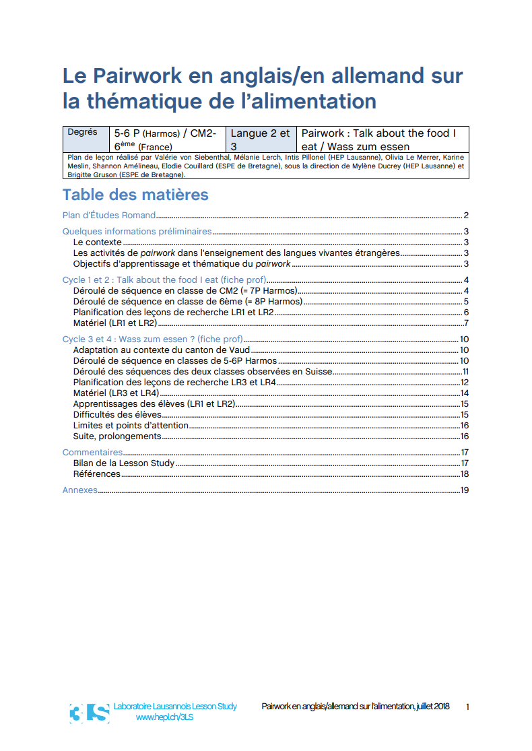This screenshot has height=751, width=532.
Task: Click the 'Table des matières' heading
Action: click(x=135, y=195)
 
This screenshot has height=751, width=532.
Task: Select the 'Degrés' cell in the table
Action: click(x=82, y=133)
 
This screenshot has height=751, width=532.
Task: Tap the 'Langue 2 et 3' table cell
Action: click(x=260, y=139)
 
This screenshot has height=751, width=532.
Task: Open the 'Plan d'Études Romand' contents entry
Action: click(x=109, y=216)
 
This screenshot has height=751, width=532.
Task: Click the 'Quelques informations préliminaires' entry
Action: click(x=137, y=232)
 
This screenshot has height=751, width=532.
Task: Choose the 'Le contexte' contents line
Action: click(x=98, y=242)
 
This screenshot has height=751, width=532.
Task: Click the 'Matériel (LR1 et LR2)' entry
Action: click(x=115, y=323)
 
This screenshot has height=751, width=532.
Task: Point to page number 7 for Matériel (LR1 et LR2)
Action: click(x=466, y=323)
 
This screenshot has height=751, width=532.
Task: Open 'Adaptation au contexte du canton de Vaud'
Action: click(x=162, y=350)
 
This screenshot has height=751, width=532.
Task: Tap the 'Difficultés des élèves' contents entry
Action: click(x=117, y=415)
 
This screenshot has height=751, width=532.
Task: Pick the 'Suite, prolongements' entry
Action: click(x=117, y=436)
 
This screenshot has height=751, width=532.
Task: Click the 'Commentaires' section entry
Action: click(x=93, y=453)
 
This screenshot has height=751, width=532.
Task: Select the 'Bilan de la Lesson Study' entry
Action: click(x=124, y=463)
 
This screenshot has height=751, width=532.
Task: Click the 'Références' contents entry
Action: click(x=97, y=474)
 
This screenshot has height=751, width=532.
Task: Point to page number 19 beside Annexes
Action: click(x=464, y=490)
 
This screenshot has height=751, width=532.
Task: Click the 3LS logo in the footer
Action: click(x=89, y=713)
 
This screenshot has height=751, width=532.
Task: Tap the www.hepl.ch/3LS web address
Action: click(x=165, y=717)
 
